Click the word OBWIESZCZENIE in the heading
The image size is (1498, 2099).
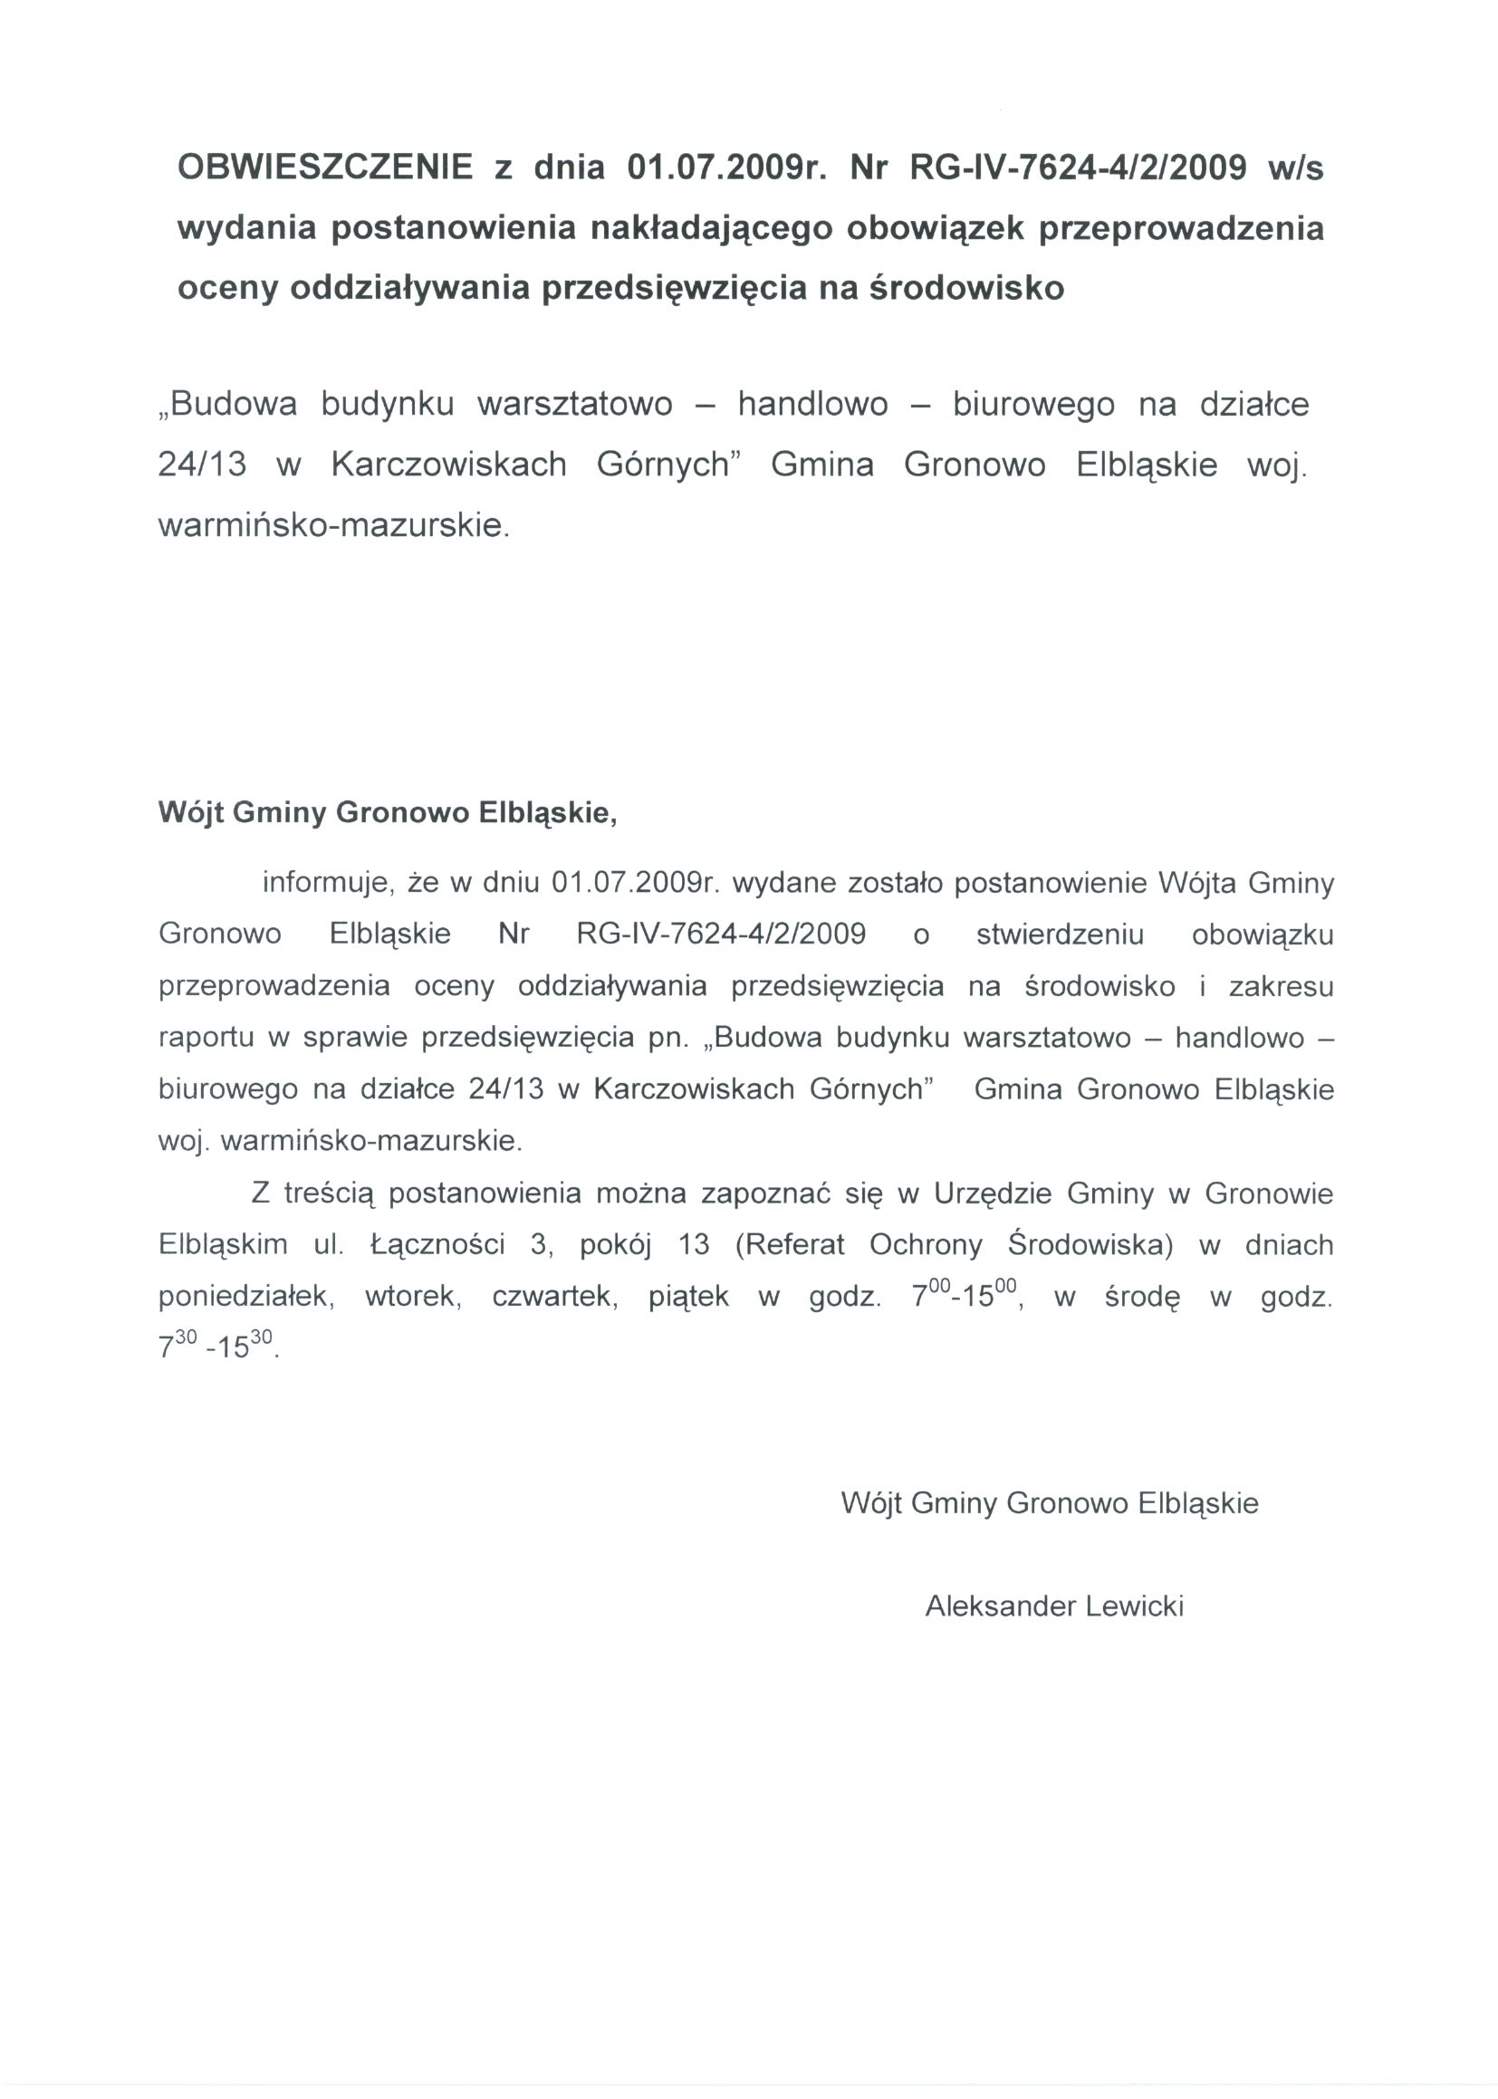point(325,168)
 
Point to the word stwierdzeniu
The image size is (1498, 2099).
point(1060,935)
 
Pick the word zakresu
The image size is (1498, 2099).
point(1282,987)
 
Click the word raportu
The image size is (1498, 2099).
point(206,1039)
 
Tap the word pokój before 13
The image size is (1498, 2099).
point(615,1245)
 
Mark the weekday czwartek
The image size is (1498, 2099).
point(554,1298)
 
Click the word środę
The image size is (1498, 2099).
point(1142,1298)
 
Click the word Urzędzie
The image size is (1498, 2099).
point(993,1194)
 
